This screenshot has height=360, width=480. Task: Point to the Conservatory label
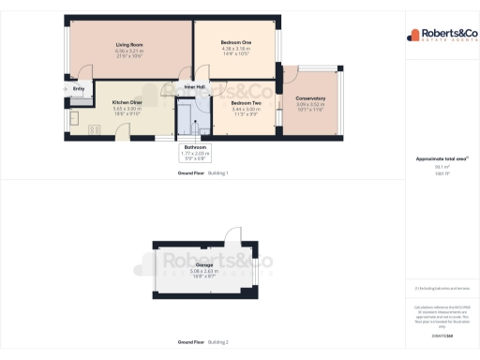(x=310, y=97)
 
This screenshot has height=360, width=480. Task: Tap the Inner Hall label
(x=195, y=88)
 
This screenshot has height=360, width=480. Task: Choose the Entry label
(x=77, y=89)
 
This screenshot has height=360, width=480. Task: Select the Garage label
(x=203, y=265)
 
